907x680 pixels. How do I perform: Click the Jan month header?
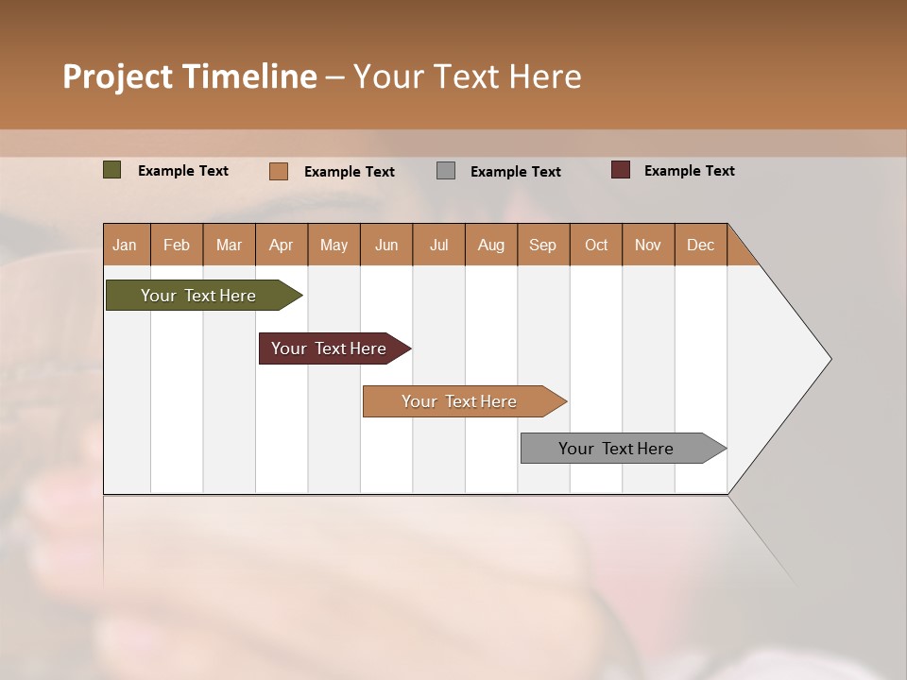pos(126,245)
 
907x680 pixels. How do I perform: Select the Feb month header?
pos(177,245)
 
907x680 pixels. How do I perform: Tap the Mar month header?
pos(229,245)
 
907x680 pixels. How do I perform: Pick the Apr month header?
pos(282,245)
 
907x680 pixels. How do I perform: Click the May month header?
pos(334,245)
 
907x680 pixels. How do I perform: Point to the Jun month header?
pos(386,245)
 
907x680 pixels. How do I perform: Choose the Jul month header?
pos(438,245)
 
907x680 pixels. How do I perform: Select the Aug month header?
pos(491,245)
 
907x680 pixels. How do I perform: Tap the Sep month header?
pos(543,245)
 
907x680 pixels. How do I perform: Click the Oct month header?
pos(596,245)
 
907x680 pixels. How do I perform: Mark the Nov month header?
pos(648,245)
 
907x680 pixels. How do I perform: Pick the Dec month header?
pos(701,245)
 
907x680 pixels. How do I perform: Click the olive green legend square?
pos(112,170)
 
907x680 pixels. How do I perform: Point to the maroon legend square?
pos(621,170)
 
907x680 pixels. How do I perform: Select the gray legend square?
pos(446,171)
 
